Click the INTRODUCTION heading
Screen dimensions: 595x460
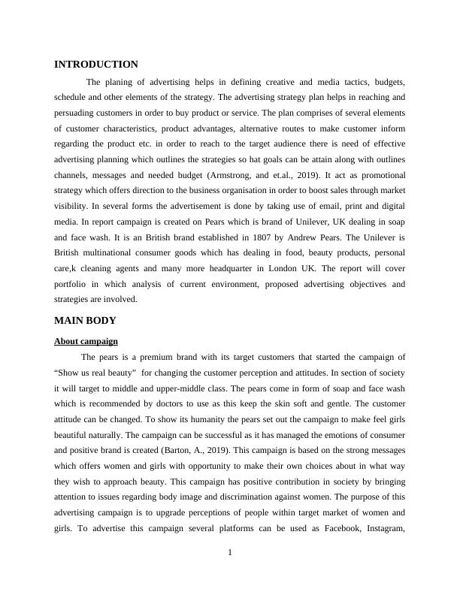[x=95, y=65]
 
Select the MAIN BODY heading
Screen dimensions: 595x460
[x=85, y=321]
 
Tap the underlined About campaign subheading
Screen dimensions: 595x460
[x=86, y=341]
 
